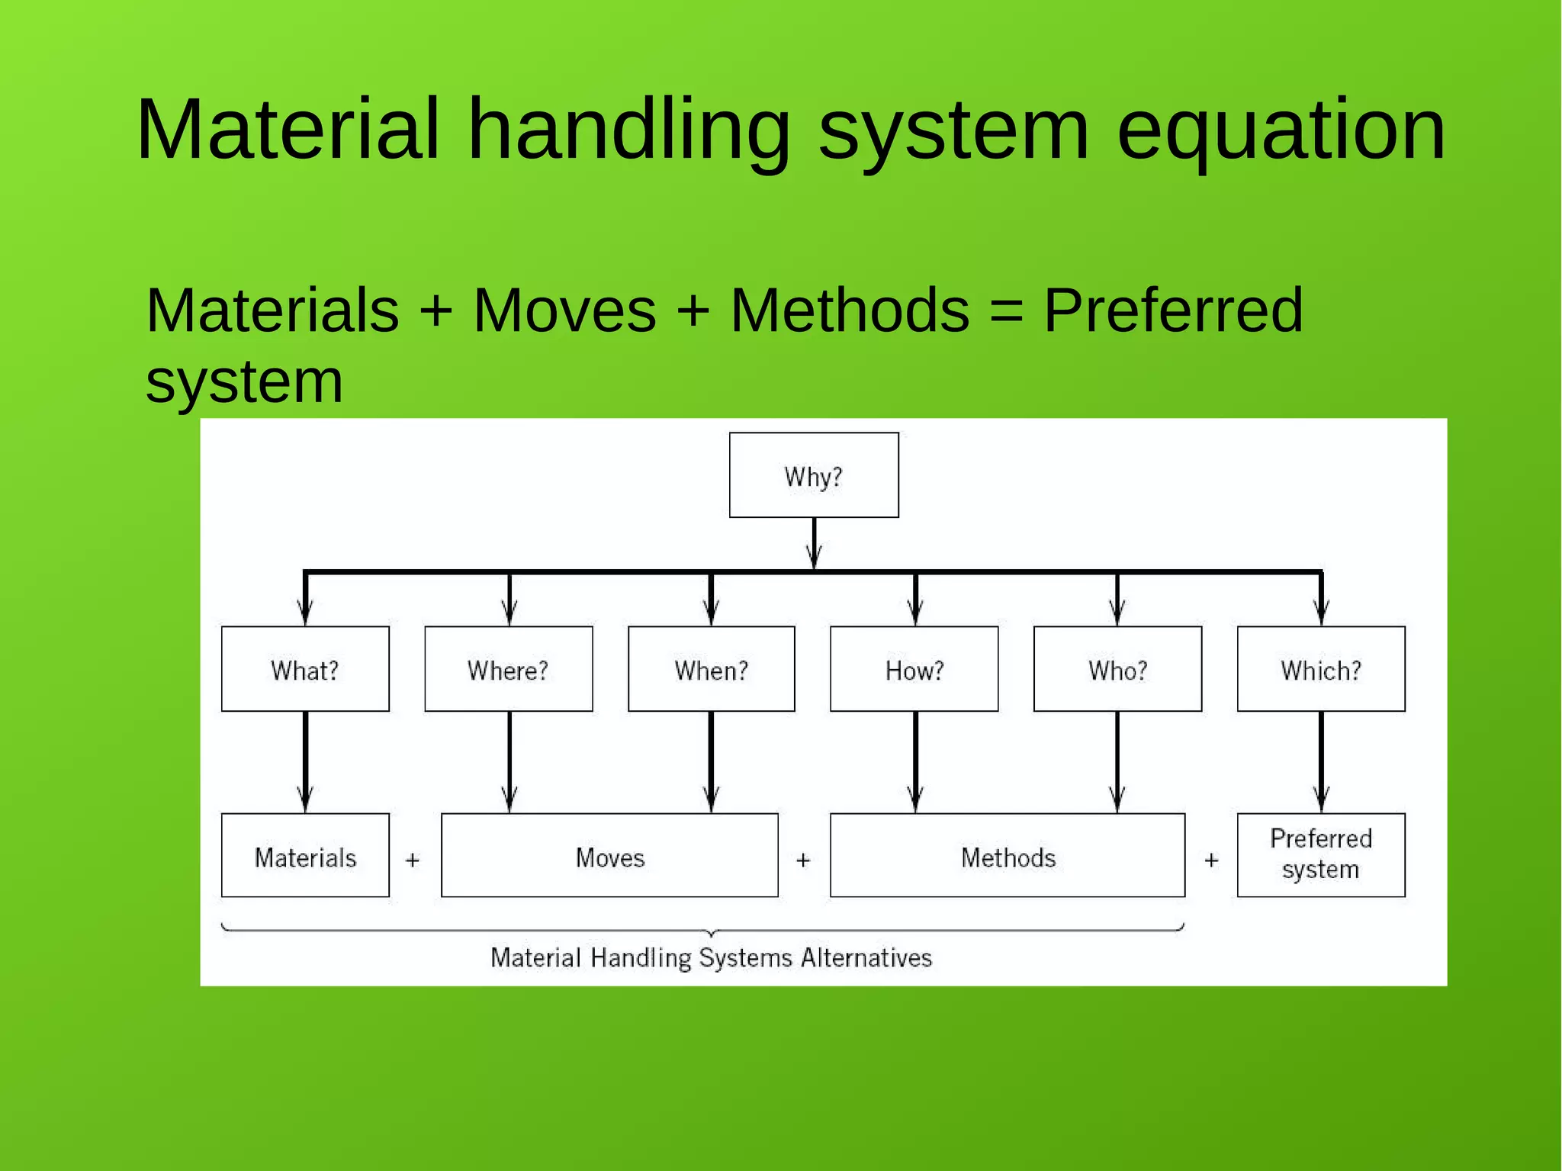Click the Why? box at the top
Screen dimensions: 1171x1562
(x=814, y=475)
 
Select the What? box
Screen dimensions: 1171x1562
(x=305, y=669)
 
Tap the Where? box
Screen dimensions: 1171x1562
(x=508, y=669)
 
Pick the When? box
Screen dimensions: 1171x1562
(x=711, y=669)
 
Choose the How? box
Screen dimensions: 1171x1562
(x=914, y=669)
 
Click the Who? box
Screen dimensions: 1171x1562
(x=1117, y=669)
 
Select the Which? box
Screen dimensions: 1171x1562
(x=1321, y=669)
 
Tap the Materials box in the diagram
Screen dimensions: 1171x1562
(x=305, y=855)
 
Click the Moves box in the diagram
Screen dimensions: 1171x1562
(x=609, y=855)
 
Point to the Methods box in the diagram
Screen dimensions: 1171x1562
(x=1008, y=855)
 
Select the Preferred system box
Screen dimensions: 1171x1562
(x=1321, y=855)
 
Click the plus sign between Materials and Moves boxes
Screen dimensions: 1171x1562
(x=413, y=861)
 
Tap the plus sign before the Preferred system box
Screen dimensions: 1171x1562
(x=1211, y=861)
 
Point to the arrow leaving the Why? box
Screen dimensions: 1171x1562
(x=814, y=543)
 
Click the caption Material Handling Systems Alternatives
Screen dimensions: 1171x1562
(x=711, y=957)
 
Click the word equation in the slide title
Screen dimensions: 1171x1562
(x=1281, y=130)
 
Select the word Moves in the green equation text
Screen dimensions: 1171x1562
(x=564, y=311)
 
